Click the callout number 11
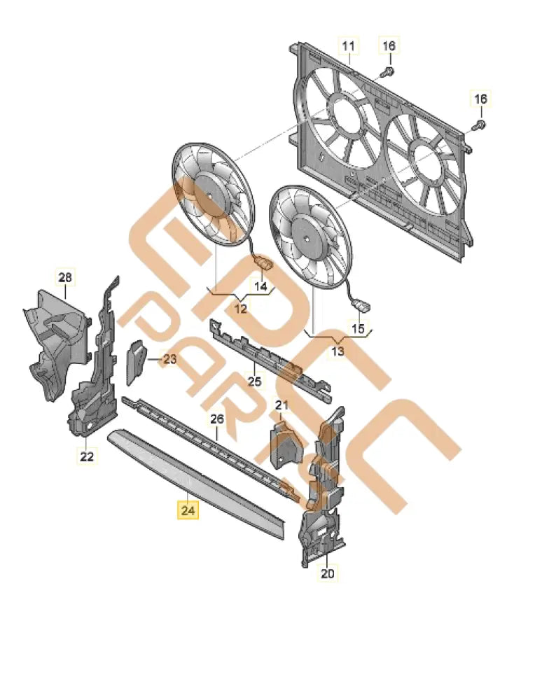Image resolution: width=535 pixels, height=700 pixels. tap(348, 46)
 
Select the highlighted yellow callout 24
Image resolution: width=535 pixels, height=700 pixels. tap(188, 511)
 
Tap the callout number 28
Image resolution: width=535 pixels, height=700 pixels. tap(65, 278)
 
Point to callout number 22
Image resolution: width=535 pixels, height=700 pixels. tap(86, 456)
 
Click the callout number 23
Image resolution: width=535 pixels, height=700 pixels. tap(170, 360)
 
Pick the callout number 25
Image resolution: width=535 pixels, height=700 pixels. tap(255, 381)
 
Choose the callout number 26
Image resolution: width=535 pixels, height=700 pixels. tap(217, 419)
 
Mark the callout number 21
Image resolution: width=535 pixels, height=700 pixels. tap(282, 405)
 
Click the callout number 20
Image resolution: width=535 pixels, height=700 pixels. tap(328, 574)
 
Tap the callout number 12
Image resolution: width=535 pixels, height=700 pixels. tap(240, 308)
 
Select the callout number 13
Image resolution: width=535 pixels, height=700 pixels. tap(338, 351)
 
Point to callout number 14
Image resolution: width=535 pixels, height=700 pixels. tap(260, 286)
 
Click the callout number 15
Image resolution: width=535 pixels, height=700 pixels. tap(358, 328)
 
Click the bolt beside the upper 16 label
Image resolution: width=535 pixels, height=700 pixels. tap(387, 71)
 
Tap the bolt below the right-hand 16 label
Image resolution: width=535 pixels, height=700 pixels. tap(479, 125)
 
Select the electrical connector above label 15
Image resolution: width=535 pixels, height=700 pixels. tap(363, 306)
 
